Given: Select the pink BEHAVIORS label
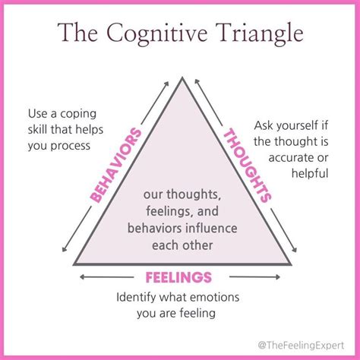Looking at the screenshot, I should pyautogui.click(x=116, y=166).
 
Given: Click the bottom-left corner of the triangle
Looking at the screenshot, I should pyautogui.click(x=74, y=264).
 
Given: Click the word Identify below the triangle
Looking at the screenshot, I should pyautogui.click(x=139, y=296).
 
